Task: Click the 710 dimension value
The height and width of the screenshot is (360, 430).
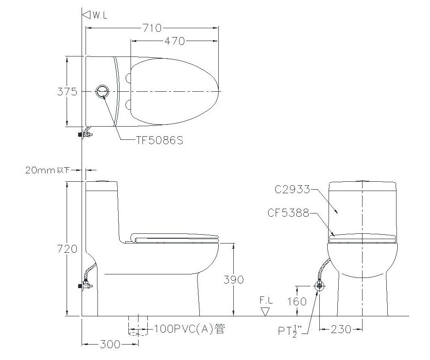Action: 152,28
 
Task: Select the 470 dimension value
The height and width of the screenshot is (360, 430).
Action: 174,41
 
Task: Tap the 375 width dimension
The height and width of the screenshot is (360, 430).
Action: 67,91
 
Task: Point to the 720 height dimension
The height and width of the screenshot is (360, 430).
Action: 67,249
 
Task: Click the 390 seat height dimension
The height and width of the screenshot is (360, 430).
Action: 233,280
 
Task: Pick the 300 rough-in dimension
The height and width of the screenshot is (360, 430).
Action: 110,344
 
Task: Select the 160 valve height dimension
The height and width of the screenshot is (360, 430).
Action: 297,301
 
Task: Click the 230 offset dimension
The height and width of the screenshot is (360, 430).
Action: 341,329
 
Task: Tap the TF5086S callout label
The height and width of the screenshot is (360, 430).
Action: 160,140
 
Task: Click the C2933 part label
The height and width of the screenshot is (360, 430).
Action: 292,189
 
